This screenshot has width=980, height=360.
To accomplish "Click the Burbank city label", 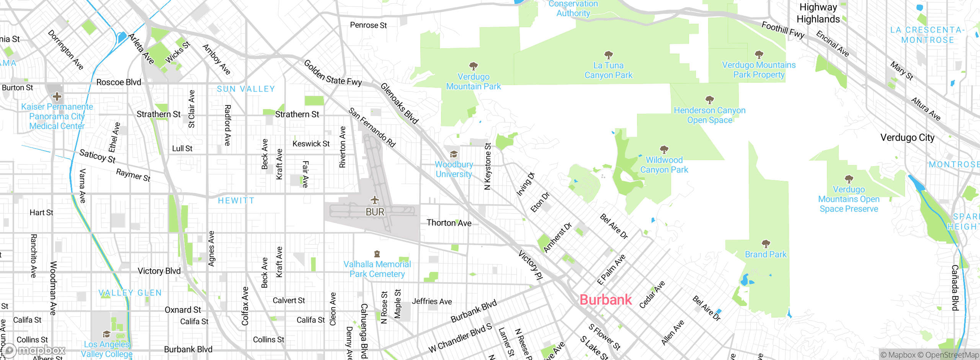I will click(605, 299).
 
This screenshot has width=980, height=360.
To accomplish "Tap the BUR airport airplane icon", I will click(375, 200).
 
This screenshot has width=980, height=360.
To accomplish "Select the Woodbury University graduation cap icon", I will click(454, 154).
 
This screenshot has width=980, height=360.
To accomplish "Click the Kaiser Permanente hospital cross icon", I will click(57, 96).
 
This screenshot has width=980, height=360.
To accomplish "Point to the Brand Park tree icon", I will click(766, 244).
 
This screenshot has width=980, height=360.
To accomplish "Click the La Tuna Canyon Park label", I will click(608, 70).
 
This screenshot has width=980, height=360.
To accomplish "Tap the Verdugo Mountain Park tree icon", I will click(474, 66).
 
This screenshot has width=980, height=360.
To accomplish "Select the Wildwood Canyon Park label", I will click(664, 165).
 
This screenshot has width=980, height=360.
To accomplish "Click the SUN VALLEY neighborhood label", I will click(246, 89).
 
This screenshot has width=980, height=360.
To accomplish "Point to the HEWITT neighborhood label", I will click(236, 200).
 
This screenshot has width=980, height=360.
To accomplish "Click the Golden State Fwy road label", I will click(333, 73).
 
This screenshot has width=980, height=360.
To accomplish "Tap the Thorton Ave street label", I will click(449, 223).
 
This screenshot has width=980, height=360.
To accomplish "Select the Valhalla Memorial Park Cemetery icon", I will click(377, 254).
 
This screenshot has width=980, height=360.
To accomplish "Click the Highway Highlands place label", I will click(818, 13).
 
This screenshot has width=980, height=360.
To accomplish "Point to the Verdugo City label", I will click(907, 137).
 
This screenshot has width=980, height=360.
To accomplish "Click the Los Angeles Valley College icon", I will click(106, 334).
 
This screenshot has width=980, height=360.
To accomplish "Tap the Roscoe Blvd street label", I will click(119, 82).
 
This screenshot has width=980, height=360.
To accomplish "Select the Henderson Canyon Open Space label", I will click(709, 115).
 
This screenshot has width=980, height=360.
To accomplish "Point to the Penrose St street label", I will click(368, 25).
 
